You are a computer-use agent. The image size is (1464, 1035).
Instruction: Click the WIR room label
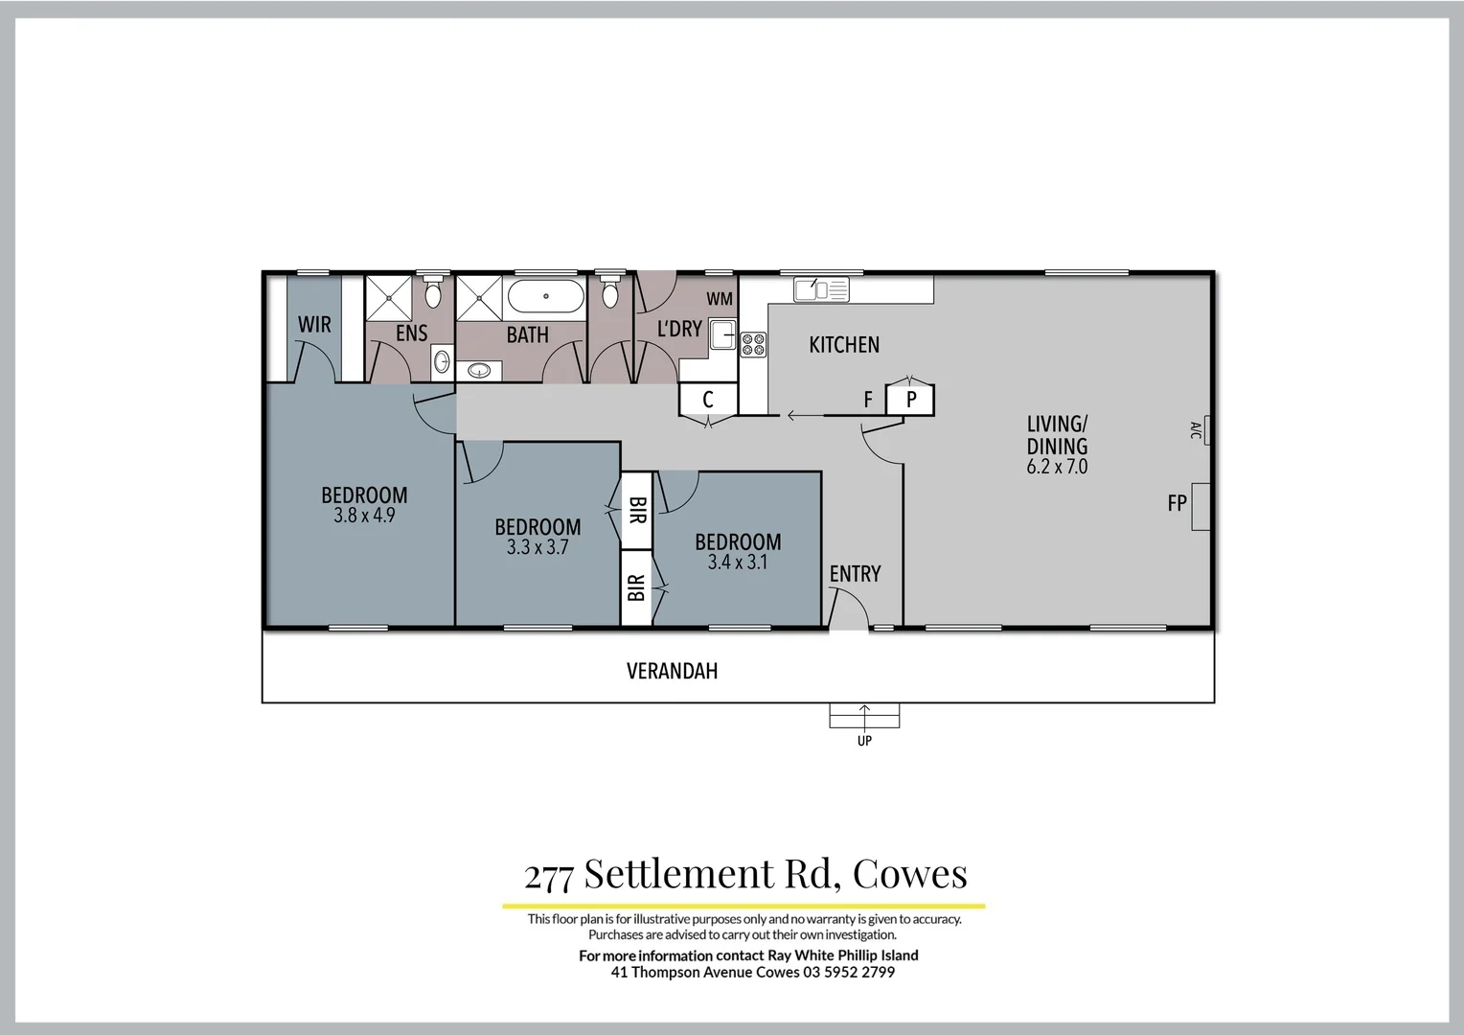tap(314, 325)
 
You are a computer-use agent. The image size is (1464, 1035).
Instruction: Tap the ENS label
tap(412, 333)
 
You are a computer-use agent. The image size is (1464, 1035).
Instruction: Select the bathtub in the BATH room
tap(544, 296)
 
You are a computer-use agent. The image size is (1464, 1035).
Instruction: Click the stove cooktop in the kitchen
tap(753, 344)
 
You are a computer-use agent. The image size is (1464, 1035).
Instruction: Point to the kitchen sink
tap(821, 288)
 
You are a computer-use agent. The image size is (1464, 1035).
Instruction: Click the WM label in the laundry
tap(720, 299)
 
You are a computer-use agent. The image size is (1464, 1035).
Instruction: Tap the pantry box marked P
tap(910, 400)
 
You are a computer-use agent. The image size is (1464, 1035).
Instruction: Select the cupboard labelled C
tap(708, 400)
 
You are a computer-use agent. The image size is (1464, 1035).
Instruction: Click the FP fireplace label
tap(1178, 503)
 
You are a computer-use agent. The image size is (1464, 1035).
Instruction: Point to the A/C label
tap(1196, 430)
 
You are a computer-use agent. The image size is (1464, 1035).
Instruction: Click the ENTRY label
tap(855, 574)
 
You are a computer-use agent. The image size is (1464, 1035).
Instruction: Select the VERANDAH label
tap(672, 671)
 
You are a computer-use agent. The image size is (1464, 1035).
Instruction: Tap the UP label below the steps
tap(864, 741)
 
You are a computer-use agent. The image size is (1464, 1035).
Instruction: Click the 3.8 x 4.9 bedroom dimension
tap(364, 516)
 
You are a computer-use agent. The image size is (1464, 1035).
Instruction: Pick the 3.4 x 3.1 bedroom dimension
tap(738, 563)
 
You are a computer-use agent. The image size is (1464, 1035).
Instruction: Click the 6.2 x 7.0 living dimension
tap(1057, 468)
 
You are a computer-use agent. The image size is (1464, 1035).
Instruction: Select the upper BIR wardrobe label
tap(637, 510)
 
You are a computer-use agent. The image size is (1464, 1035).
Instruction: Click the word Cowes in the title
tap(909, 874)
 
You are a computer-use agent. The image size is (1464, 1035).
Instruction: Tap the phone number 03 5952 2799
tap(849, 972)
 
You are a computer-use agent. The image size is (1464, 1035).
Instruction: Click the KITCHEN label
tap(844, 345)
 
